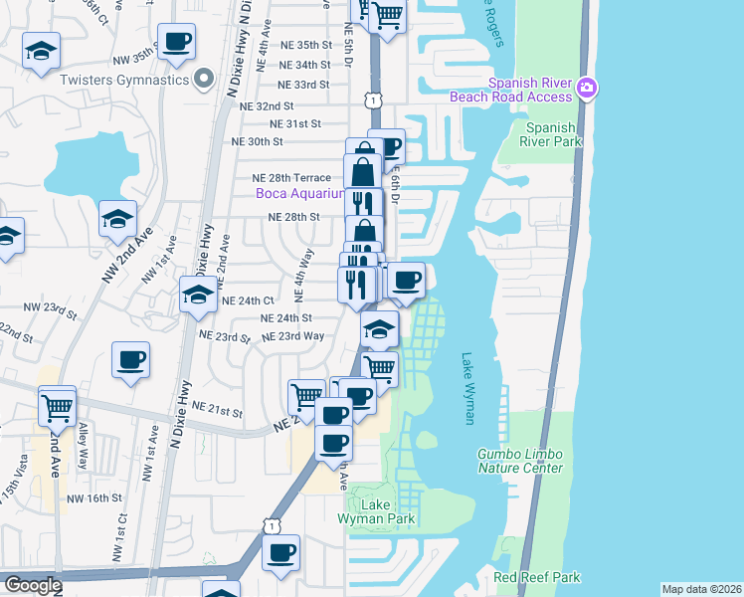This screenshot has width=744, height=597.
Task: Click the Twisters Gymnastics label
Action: (x=124, y=80)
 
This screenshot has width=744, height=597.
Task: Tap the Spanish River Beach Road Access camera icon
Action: (x=587, y=88)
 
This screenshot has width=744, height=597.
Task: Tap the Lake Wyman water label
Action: (x=468, y=388)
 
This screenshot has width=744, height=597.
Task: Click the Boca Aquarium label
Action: (x=299, y=193)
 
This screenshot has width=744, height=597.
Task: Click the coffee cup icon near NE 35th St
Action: (x=176, y=42)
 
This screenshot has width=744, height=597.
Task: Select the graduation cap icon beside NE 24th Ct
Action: (x=197, y=295)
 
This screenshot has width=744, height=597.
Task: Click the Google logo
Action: (x=32, y=585)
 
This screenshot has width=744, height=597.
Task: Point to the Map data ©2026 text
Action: (x=701, y=589)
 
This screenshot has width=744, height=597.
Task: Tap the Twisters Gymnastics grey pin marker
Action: (x=205, y=79)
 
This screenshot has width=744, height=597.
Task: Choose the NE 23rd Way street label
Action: (x=293, y=336)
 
